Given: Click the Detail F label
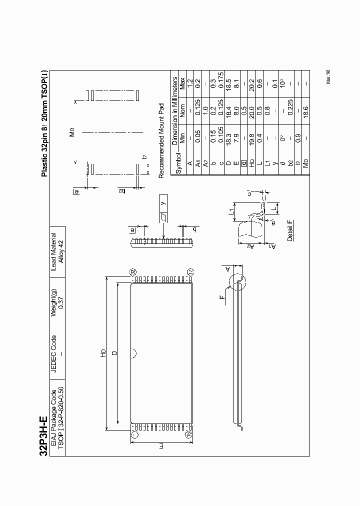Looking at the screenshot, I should click(290, 230).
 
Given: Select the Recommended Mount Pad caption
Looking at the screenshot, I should click(161, 140).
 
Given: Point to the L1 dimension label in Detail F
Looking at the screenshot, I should click(231, 212).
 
